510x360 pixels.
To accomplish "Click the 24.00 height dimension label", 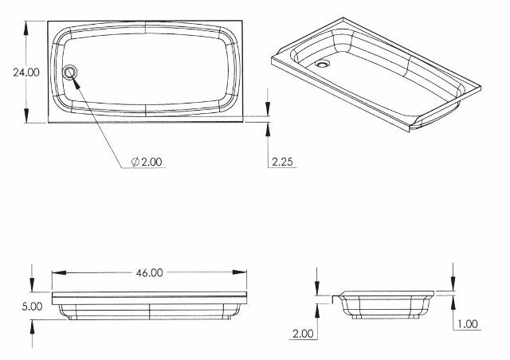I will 25,72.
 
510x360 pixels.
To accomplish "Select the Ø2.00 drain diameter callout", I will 147,162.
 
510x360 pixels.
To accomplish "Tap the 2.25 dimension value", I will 284,162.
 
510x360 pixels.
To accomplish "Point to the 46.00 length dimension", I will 149,272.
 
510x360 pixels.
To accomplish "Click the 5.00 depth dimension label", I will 32,306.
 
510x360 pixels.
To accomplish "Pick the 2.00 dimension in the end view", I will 302,334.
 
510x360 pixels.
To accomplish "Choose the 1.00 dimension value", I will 469,324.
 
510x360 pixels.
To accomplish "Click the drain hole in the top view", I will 71,72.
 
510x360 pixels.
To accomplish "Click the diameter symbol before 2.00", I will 135,162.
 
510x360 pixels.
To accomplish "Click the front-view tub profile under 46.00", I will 149,304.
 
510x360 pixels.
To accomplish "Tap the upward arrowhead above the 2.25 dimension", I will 268,127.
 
